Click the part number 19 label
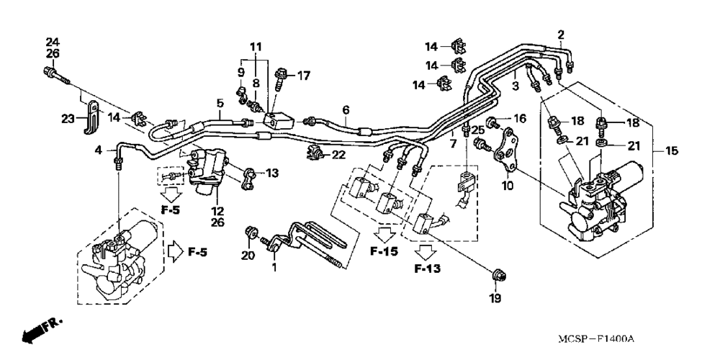coord(495,298)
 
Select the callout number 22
coord(338,156)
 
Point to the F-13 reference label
coord(427,269)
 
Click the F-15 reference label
coord(384,251)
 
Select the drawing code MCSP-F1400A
coord(596,339)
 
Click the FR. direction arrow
coord(40,331)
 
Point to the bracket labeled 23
coord(91,117)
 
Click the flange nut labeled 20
coord(251,233)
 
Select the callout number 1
coord(274,267)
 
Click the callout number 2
coord(561,34)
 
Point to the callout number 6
coord(346,109)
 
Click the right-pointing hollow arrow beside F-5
coord(174,252)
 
